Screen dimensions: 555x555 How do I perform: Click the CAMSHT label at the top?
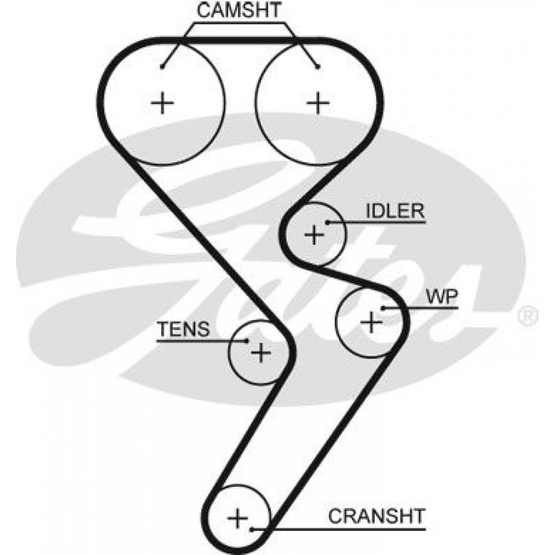point(239,10)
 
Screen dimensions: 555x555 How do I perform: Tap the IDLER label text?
point(395,211)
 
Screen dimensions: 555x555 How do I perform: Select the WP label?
point(442,297)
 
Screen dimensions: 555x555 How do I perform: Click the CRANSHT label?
point(377,516)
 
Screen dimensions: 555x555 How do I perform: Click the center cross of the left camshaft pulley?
point(163,103)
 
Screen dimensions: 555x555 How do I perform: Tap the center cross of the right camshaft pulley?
point(318,103)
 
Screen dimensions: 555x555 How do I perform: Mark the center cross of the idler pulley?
point(314,234)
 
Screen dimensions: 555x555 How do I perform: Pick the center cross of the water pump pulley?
point(371,322)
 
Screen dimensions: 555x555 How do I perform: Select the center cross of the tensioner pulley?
point(261,352)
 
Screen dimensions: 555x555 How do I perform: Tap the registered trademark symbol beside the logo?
point(528,316)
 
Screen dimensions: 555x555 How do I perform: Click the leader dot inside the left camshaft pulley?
point(162,67)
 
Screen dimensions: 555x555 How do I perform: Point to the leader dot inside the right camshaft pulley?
point(318,67)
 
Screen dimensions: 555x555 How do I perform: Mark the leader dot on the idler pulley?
point(328,223)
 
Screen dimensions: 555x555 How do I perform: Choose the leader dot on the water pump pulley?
point(383,308)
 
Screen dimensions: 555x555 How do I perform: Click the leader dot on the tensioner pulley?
point(247,341)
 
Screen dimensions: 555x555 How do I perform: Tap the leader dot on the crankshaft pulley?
point(251,529)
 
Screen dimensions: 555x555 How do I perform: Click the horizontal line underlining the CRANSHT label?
point(339,529)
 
